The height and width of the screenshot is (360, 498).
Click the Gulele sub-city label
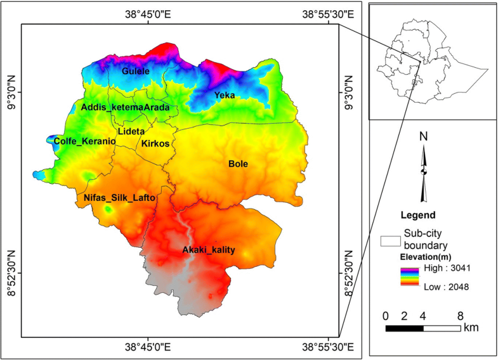[136, 71]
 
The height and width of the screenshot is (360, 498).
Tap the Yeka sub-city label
[225, 95]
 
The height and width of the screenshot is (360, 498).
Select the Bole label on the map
[238, 164]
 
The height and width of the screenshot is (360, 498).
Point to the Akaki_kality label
[209, 250]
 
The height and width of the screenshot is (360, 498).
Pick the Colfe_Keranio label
[85, 141]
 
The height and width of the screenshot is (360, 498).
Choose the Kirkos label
[155, 144]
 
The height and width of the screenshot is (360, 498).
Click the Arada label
[157, 108]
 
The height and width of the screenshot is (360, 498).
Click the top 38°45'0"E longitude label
[148, 14]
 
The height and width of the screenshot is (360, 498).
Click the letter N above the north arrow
[424, 136]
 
